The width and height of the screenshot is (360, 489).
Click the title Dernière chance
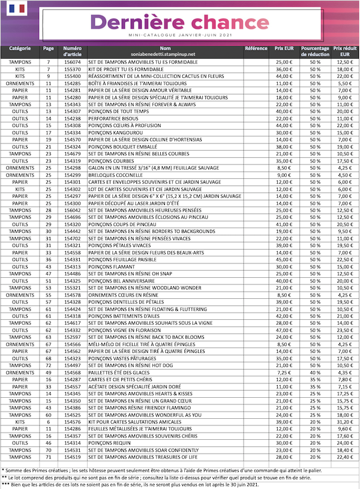(x=179, y=22)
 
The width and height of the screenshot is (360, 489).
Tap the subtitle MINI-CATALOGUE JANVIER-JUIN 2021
(x=179, y=35)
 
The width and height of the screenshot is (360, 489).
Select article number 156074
(x=73, y=62)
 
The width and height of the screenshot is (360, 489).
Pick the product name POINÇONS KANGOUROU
(x=116, y=133)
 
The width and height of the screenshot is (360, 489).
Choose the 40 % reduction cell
(x=315, y=372)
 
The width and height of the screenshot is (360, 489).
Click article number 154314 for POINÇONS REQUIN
(x=73, y=443)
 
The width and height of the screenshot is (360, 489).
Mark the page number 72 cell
(x=49, y=365)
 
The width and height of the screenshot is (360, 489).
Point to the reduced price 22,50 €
(x=344, y=259)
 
